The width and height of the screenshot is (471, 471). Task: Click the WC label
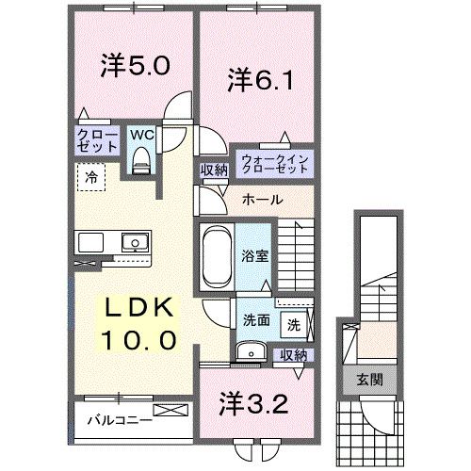point(141,136)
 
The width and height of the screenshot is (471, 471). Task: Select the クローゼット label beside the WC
point(97,141)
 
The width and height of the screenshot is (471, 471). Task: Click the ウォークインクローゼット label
point(273,166)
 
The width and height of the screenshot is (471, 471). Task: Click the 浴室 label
point(255,254)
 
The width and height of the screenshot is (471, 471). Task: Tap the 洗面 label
point(255,319)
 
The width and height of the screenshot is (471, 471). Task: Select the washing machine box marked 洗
point(294,324)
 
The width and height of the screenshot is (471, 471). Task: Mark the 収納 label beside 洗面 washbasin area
point(293,355)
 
